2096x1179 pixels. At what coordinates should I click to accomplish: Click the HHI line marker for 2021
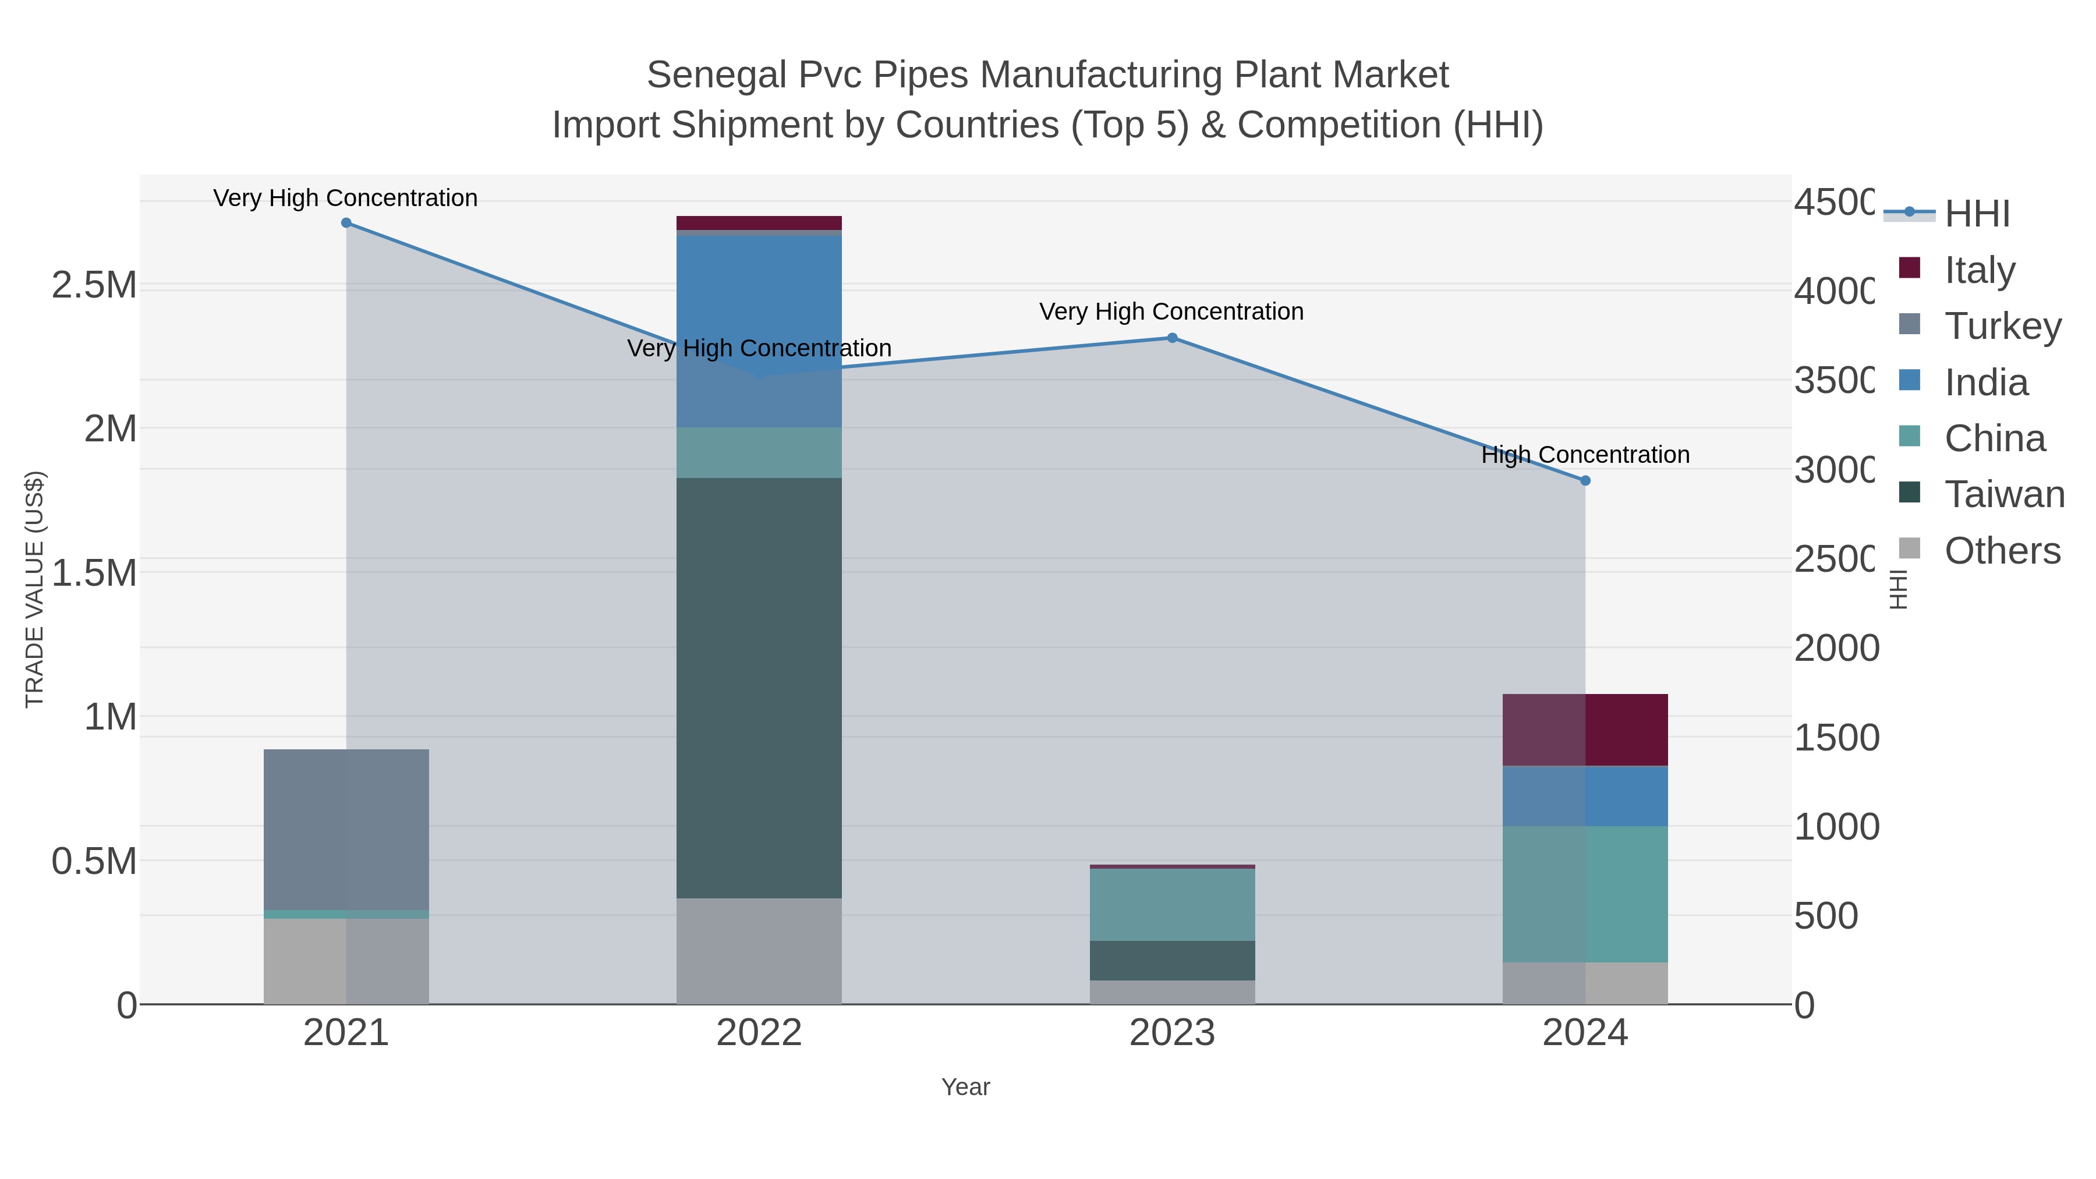pyautogui.click(x=346, y=223)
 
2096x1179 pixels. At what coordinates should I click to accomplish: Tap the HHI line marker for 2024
pyautogui.click(x=1585, y=481)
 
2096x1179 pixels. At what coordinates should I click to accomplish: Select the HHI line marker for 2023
pyautogui.click(x=1171, y=338)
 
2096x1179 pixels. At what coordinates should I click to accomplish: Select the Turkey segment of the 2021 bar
pyautogui.click(x=346, y=829)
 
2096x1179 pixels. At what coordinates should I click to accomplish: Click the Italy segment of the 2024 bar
pyautogui.click(x=1585, y=730)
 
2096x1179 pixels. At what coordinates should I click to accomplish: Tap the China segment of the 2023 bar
pyautogui.click(x=1171, y=904)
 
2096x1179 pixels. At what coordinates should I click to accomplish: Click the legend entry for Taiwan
pyautogui.click(x=2003, y=495)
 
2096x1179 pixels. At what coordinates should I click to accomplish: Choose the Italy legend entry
pyautogui.click(x=1979, y=270)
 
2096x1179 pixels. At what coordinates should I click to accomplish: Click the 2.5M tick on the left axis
pyautogui.click(x=94, y=285)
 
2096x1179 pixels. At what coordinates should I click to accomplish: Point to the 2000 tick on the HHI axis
pyautogui.click(x=1836, y=649)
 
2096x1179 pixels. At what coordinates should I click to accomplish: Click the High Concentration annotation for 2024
pyautogui.click(x=1585, y=455)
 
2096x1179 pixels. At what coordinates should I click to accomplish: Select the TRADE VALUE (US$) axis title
pyautogui.click(x=34, y=589)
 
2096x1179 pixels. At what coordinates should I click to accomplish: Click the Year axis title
pyautogui.click(x=965, y=1087)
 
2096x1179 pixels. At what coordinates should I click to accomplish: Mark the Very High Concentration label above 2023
pyautogui.click(x=1171, y=311)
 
